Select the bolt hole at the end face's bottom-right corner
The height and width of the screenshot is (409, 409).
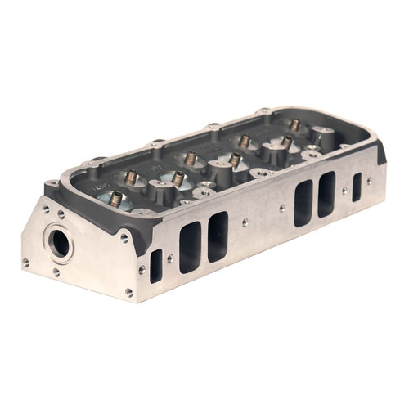click(x=128, y=292)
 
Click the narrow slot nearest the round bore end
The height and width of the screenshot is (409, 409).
click(x=155, y=266)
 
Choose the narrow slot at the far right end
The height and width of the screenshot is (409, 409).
click(x=357, y=187)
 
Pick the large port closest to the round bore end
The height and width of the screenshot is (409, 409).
click(x=190, y=246)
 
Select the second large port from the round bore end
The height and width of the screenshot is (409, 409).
click(x=218, y=236)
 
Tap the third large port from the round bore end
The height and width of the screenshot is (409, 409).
click(x=303, y=202)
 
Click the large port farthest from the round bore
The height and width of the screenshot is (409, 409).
click(x=326, y=193)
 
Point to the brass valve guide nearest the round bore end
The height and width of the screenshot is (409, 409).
click(x=116, y=199)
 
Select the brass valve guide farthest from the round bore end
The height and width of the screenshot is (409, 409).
click(x=294, y=124)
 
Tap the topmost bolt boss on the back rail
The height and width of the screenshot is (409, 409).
click(x=263, y=110)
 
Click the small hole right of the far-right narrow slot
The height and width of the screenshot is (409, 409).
click(x=370, y=181)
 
